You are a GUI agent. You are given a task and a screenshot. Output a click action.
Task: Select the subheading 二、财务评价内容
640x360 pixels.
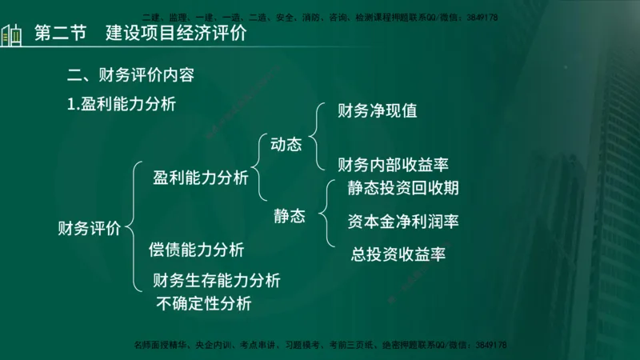pos(130,77)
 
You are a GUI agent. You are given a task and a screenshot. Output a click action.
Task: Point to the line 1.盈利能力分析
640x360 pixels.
pos(122,104)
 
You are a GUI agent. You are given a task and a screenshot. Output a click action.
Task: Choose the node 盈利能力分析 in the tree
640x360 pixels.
pos(201,178)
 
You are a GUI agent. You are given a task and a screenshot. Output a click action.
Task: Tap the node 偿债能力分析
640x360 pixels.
pos(196,249)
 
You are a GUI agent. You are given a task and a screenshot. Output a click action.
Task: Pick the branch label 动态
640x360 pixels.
pos(286,145)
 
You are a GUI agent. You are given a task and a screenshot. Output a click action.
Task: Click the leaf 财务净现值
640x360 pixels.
pos(378,110)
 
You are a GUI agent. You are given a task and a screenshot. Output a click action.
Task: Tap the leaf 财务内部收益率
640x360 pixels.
pos(393,165)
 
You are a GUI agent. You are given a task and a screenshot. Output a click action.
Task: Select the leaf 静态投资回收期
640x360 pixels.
pos(403,188)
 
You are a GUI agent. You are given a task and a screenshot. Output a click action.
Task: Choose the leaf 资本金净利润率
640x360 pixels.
pos(403,220)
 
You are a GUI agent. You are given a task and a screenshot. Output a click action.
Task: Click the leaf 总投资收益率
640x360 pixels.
pos(398,254)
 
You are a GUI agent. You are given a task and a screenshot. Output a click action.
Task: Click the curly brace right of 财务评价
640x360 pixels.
pos(132,226)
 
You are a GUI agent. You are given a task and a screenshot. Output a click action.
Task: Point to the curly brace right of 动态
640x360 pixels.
pos(314,136)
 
